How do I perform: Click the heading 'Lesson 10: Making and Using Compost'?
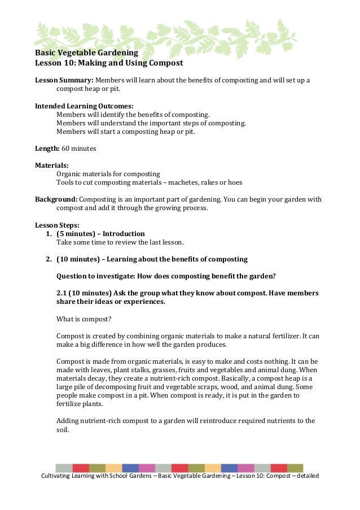[109, 63]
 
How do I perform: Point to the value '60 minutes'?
[78, 149]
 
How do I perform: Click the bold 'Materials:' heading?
[52, 165]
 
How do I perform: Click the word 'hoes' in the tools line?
[235, 182]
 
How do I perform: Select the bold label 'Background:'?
[56, 199]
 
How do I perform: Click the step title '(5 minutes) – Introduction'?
[100, 233]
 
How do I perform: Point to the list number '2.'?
[49, 259]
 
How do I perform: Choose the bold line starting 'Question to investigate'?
[166, 276]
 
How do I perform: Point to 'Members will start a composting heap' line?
[125, 131]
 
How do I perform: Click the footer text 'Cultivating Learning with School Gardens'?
[99, 476]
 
